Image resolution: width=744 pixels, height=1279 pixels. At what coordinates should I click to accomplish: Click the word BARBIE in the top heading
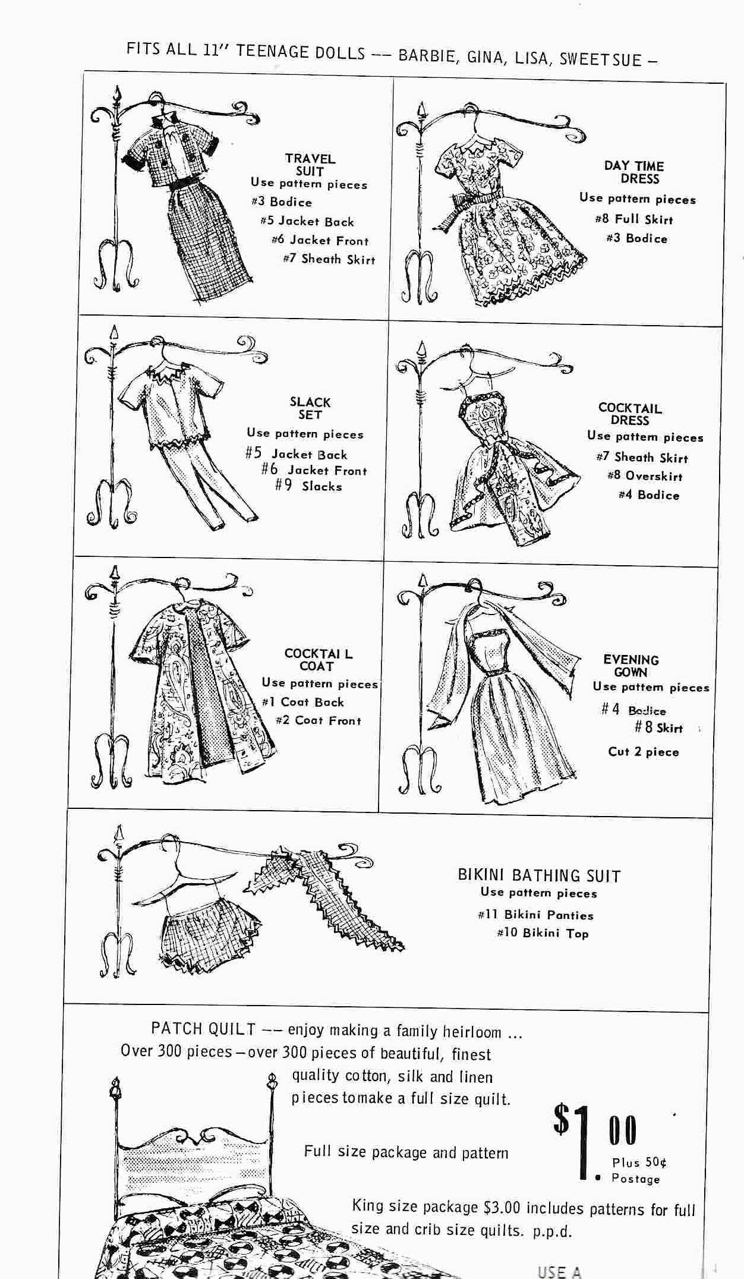coord(427,56)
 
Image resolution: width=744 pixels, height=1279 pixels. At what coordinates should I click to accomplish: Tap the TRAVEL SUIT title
coord(310,165)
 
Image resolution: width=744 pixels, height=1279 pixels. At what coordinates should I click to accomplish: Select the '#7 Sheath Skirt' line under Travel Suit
coord(329,259)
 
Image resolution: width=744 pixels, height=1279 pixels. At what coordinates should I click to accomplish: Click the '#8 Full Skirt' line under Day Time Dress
coord(633,219)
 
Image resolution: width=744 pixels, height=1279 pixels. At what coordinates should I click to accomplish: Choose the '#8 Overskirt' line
coord(645,476)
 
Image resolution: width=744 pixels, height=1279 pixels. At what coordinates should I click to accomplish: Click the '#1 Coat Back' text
coord(303,702)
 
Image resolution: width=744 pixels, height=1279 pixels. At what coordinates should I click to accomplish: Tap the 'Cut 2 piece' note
coord(643,752)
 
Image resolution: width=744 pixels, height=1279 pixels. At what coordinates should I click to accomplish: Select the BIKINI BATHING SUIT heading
coord(539,876)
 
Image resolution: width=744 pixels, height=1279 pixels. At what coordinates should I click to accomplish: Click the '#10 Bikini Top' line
coord(543,933)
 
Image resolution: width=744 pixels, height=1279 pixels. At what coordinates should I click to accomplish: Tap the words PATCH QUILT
coord(203,1029)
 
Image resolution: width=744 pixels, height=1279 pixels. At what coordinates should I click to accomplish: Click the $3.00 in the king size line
coord(502,1208)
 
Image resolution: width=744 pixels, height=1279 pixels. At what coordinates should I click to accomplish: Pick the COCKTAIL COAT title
coord(319,660)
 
